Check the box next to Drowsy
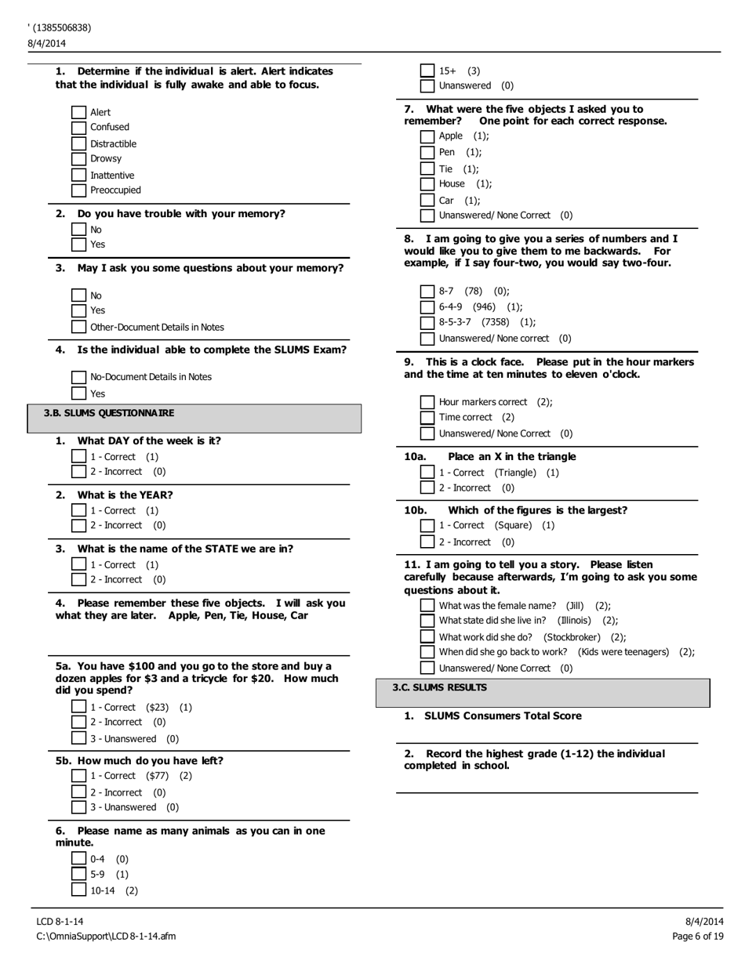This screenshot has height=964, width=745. (x=78, y=158)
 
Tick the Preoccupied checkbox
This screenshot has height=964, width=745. (x=78, y=190)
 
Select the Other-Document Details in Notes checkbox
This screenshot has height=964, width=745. (x=78, y=327)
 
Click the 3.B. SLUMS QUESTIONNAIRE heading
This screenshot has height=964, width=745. (x=109, y=413)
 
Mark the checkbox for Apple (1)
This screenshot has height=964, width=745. (x=427, y=136)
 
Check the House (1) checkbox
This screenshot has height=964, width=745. (x=427, y=183)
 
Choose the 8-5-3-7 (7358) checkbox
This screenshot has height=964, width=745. (x=427, y=322)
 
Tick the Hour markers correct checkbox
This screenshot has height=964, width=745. (x=427, y=402)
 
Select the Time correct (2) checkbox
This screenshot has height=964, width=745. (x=427, y=417)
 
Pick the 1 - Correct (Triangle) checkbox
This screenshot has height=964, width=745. (x=427, y=473)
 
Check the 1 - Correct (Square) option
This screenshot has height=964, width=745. (x=427, y=525)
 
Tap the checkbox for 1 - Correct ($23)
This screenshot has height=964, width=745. (x=78, y=707)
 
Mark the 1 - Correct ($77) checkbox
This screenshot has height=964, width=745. (x=78, y=776)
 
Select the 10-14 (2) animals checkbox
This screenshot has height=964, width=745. (x=78, y=890)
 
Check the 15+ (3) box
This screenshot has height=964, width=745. (x=427, y=71)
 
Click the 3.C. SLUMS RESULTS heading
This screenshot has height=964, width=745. (x=439, y=687)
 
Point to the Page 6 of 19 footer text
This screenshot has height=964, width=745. (x=697, y=936)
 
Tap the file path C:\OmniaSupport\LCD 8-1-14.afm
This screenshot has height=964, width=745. (x=106, y=936)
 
